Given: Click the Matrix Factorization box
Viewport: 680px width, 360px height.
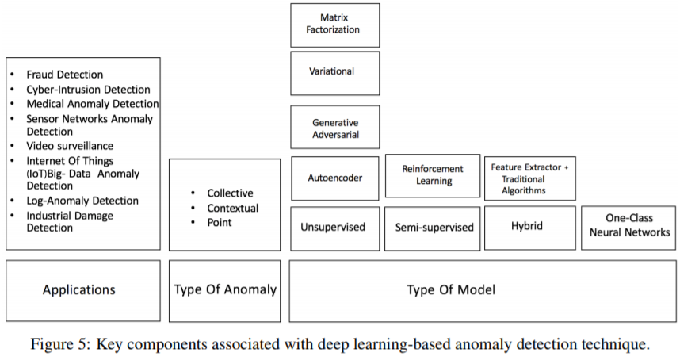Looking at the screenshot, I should point(334,25).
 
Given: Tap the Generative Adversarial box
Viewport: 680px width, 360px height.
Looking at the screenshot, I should point(334,128).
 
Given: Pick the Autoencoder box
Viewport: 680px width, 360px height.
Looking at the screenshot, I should point(334,178).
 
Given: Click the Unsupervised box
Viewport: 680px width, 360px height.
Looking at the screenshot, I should point(333,228).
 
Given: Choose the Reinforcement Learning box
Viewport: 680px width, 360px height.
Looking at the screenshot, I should point(432,175).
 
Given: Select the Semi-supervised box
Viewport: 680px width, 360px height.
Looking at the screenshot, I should point(434,228).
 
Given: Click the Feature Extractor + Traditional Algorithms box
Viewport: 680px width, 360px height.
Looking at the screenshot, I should point(529,178).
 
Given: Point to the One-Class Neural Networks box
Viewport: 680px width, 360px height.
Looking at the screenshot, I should point(627,227).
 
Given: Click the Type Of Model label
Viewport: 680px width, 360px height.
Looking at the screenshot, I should point(451,289).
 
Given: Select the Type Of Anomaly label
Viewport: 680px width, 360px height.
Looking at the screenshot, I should point(225,289).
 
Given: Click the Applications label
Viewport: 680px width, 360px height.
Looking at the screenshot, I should point(79,289).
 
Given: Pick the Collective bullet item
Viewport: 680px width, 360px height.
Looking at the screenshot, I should point(230,193).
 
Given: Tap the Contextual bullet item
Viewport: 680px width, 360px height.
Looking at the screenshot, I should point(232,208).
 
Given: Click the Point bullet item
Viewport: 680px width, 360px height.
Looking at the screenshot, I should point(220,222).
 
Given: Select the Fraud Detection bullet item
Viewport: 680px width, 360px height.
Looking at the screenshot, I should point(64,75).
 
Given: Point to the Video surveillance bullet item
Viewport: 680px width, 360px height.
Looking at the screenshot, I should point(70,146).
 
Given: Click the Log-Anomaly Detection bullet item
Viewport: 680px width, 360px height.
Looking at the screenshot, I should point(82,201).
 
